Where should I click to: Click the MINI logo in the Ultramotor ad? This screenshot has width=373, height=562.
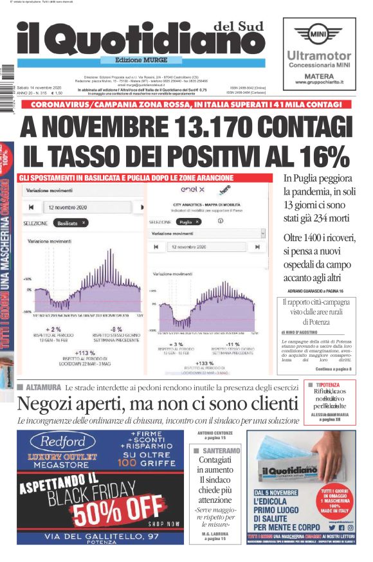[319, 33]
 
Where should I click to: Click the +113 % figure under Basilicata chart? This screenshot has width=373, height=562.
[86, 353]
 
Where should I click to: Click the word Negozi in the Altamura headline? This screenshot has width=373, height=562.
[44, 404]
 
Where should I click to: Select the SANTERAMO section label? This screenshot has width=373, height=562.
[221, 451]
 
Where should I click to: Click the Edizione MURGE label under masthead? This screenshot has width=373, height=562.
[141, 59]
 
